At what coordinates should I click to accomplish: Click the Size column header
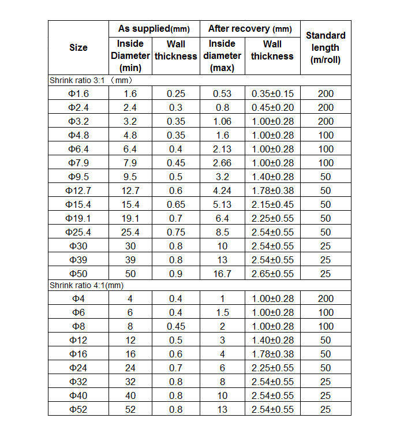point(78,47)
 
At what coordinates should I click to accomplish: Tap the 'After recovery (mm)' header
point(250,28)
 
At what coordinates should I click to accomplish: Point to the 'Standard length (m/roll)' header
point(326,47)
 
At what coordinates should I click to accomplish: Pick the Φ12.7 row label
point(78,191)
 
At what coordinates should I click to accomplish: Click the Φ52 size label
point(78,409)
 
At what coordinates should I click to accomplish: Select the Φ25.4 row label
point(78,232)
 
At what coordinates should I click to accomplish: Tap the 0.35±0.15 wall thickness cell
point(272,94)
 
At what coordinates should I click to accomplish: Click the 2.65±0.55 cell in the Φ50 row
point(272,274)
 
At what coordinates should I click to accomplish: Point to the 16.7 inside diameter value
point(222,274)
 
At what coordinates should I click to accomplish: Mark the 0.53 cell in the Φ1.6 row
point(222,94)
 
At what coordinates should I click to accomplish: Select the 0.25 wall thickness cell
point(175,94)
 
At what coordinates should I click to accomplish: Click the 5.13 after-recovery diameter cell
point(222,204)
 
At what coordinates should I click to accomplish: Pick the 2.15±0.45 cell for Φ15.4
point(272,204)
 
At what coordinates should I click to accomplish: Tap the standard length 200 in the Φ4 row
point(326,298)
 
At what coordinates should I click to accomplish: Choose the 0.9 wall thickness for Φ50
point(175,274)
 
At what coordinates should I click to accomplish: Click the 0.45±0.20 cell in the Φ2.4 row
point(272,107)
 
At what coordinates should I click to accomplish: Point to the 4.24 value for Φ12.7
point(222,191)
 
